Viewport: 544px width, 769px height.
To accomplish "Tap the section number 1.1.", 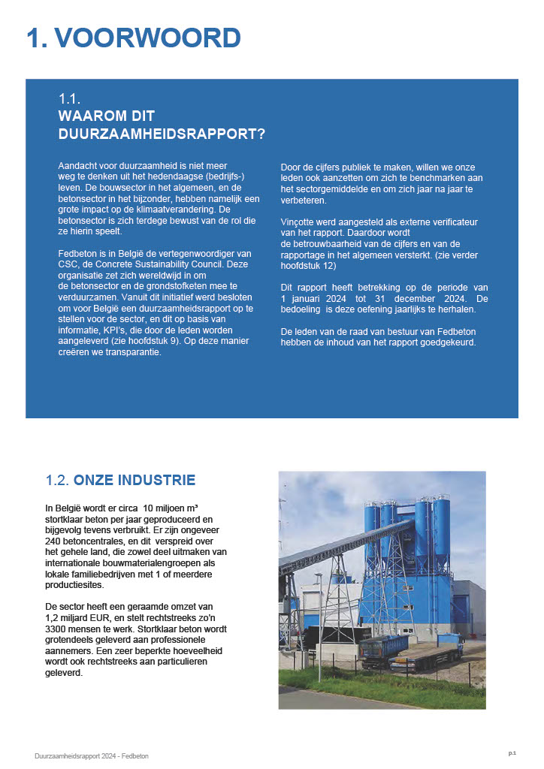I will pos(69,99).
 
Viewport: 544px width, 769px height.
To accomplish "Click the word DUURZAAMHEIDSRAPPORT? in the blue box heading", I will pos(162,134).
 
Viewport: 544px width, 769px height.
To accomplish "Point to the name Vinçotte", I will pos(299,223).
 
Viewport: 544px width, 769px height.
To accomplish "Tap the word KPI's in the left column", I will pos(108,330).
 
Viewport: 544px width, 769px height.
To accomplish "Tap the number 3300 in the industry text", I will pos(58,630).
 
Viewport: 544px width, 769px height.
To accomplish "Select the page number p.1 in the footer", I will pos(512,752).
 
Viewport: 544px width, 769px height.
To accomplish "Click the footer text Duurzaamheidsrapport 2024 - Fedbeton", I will pos(92,756).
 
